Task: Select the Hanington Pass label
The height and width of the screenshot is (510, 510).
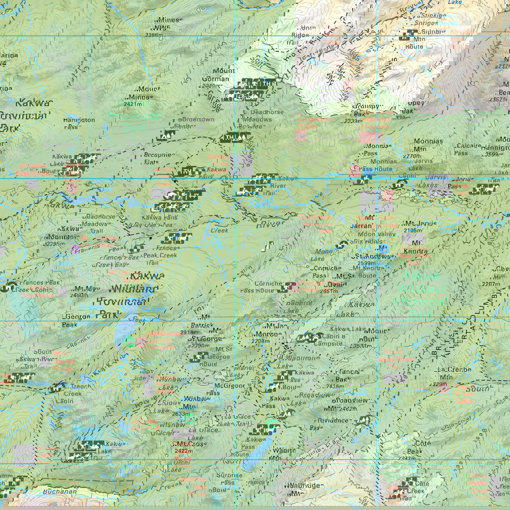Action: tap(78, 124)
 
